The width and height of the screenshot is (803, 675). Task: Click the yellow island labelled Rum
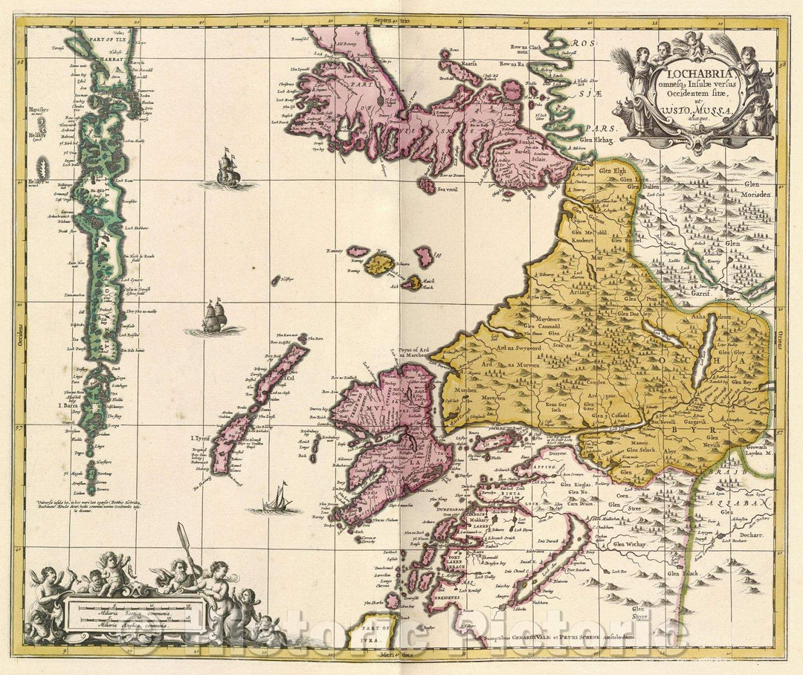coord(381,264)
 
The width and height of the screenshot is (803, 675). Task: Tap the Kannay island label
coord(335,251)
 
